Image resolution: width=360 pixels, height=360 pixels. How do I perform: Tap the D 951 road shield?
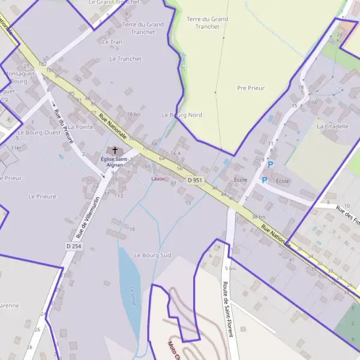pyautogui.click(x=194, y=180)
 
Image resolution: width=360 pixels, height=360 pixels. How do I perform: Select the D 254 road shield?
pyautogui.click(x=73, y=246)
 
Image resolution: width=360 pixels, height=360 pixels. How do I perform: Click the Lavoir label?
pyautogui.click(x=158, y=179)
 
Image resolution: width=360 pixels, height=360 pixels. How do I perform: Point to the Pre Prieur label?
pyautogui.click(x=251, y=88)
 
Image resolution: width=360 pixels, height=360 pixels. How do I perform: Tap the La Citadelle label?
pyautogui.click(x=332, y=127)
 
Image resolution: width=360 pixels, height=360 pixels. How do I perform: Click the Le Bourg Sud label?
pyautogui.click(x=152, y=255)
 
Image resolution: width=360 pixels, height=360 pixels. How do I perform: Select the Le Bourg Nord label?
pyautogui.click(x=182, y=115)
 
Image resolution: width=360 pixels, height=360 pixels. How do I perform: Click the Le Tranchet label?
pyautogui.click(x=126, y=59)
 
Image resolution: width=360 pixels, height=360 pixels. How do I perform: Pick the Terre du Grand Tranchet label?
pyautogui.click(x=208, y=23)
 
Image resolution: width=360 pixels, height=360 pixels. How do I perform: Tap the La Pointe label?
pyautogui.click(x=80, y=127)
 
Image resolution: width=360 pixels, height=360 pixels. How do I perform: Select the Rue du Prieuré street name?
pyautogui.click(x=64, y=126)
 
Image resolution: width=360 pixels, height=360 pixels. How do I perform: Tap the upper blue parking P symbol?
pyautogui.click(x=270, y=164)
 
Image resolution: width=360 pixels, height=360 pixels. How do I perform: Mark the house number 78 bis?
pyautogui.click(x=133, y=114)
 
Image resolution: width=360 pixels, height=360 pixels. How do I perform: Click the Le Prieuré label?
pyautogui.click(x=42, y=196)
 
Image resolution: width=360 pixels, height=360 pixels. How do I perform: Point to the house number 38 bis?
pyautogui.click(x=259, y=217)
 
